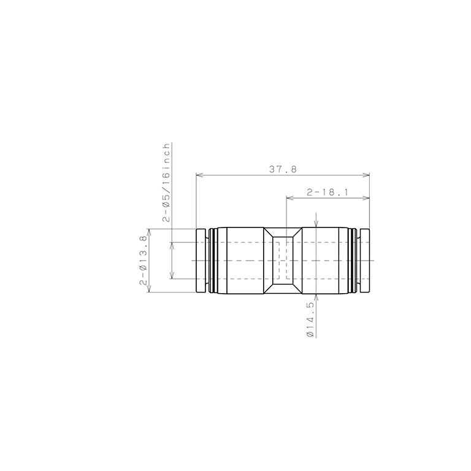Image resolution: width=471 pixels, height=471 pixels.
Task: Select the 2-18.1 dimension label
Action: point(328,192)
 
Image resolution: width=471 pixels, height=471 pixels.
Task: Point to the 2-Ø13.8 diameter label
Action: point(143,261)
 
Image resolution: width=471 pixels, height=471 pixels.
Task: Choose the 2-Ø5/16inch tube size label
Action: point(166,182)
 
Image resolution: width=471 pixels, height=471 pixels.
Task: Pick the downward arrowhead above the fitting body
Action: point(316,224)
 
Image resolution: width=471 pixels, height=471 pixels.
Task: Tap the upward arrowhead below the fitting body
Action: point(316,297)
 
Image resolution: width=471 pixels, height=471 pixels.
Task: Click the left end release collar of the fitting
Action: point(201,261)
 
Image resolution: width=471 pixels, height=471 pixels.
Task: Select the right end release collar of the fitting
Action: point(364,261)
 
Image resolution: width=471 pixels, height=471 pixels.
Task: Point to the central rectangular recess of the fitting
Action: point(283,261)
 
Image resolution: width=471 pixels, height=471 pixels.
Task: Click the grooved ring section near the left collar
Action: point(212,261)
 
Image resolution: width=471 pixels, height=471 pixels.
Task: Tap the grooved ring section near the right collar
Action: point(354,261)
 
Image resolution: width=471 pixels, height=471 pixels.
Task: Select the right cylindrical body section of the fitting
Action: point(325,261)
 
